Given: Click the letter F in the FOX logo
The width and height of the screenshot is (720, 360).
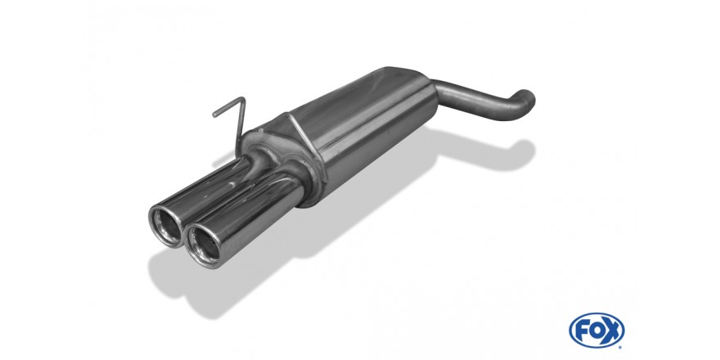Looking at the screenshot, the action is point(582,331).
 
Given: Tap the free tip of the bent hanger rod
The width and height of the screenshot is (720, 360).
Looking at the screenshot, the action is point(215,115).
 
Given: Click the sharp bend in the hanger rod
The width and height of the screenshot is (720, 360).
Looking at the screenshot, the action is point(243,99).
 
